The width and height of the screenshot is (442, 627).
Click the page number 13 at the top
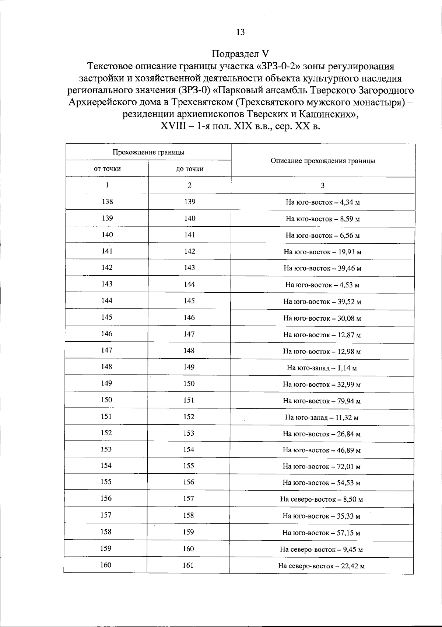240,32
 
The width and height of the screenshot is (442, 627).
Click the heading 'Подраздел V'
241,54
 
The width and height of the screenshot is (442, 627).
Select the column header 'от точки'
107,169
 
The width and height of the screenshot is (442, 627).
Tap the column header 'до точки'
190,169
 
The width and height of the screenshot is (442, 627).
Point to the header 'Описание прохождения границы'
323,161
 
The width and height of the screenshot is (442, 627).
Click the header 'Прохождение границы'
148,152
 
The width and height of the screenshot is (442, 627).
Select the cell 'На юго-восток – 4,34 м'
323,202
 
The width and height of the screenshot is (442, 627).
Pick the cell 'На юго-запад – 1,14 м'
322,368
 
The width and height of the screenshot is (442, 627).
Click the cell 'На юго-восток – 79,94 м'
322,401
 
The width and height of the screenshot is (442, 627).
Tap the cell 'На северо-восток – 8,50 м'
322,499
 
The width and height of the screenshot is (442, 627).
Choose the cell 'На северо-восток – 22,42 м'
321,566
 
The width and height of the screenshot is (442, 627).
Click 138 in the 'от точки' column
107,202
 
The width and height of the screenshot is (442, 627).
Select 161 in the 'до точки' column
188,565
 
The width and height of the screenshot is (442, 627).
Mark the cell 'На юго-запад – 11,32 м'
322,418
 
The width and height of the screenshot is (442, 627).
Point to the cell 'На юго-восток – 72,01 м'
322,467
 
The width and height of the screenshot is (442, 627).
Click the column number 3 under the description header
323,185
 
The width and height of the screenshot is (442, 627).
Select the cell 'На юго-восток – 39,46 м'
322,268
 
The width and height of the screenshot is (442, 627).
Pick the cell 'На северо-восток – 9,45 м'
321,550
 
